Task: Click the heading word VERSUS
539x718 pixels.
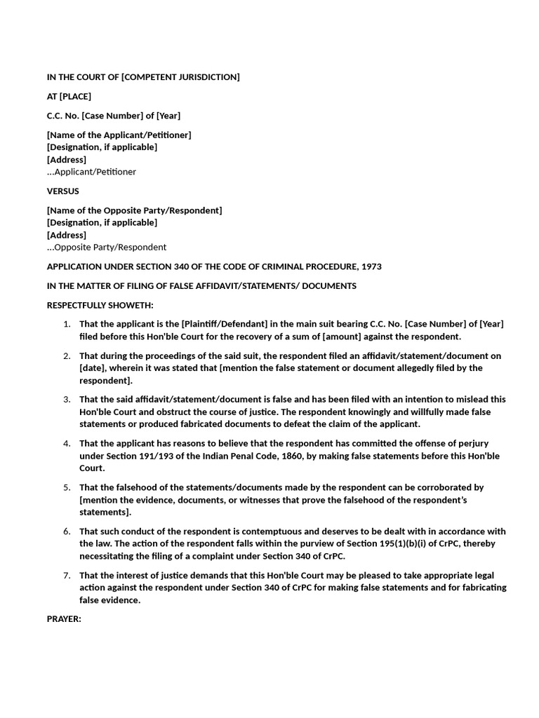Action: click(62, 191)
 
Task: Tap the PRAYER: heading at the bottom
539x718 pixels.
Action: click(65, 619)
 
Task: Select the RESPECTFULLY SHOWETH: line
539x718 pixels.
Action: click(100, 305)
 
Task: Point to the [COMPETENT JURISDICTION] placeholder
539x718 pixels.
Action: click(180, 76)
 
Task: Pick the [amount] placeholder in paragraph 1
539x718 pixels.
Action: click(343, 336)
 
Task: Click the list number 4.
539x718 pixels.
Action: click(67, 443)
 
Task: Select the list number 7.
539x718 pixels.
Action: click(67, 575)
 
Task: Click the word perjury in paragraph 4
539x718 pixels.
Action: click(488, 443)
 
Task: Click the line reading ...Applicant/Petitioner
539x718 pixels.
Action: click(91, 172)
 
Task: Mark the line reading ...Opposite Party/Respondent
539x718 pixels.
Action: click(107, 247)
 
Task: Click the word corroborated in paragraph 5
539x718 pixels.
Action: click(443, 487)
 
